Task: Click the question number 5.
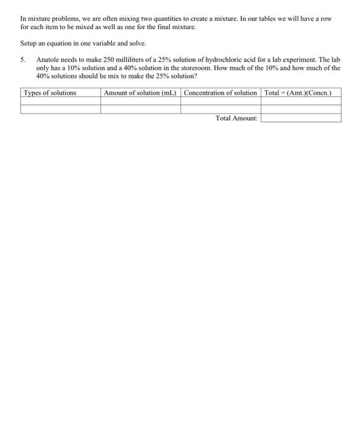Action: [23, 60]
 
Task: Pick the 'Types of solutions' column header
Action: [50, 93]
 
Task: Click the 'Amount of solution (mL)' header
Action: [140, 93]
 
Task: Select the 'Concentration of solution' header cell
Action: [221, 93]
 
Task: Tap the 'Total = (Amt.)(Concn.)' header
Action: [300, 93]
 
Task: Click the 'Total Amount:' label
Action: [237, 118]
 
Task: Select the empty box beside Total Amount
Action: [300, 118]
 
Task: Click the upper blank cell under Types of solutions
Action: [60, 100]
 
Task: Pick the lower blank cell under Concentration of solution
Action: [221, 109]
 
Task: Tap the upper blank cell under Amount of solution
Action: [140, 100]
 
